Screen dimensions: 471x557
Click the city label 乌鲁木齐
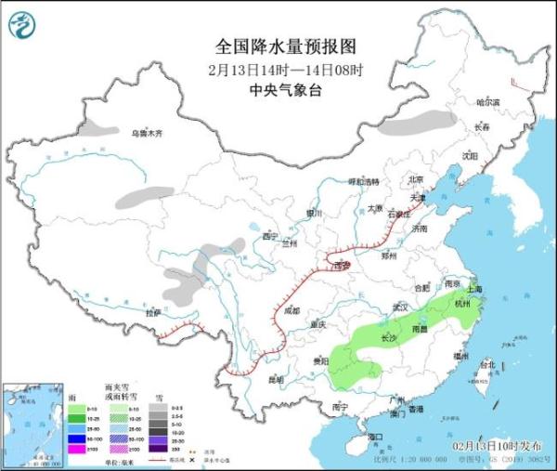[x=146, y=134]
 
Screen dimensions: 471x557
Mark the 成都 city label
[x=292, y=310]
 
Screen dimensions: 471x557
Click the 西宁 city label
[x=270, y=237]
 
